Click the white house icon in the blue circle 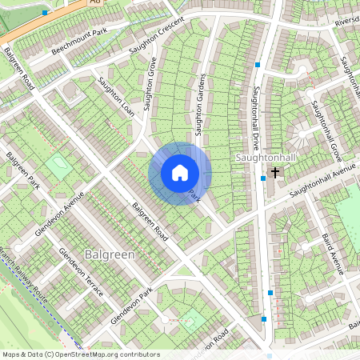(x=180, y=173)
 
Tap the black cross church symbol (x=275, y=172)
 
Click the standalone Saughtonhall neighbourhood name (x=266, y=158)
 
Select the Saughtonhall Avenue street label (x=322, y=181)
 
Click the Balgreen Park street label (x=22, y=172)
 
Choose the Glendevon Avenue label (x=60, y=214)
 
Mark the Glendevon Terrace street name (x=81, y=270)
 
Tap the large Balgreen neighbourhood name (x=107, y=254)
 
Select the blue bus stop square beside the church (x=263, y=178)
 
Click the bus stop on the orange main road (x=46, y=14)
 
